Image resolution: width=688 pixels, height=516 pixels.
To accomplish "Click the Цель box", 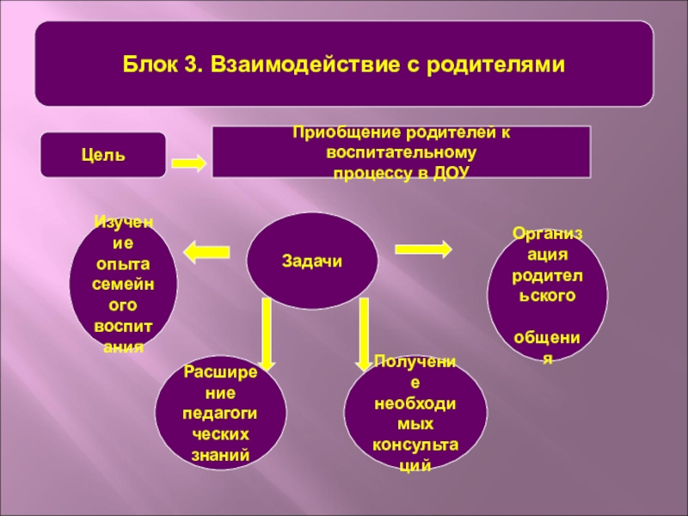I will point(105,156).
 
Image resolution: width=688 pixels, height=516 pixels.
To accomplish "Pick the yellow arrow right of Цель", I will point(188,163).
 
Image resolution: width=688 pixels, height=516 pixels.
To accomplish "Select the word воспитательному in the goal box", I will point(401,153).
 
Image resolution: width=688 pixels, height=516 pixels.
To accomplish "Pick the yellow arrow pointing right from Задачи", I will point(423,249).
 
